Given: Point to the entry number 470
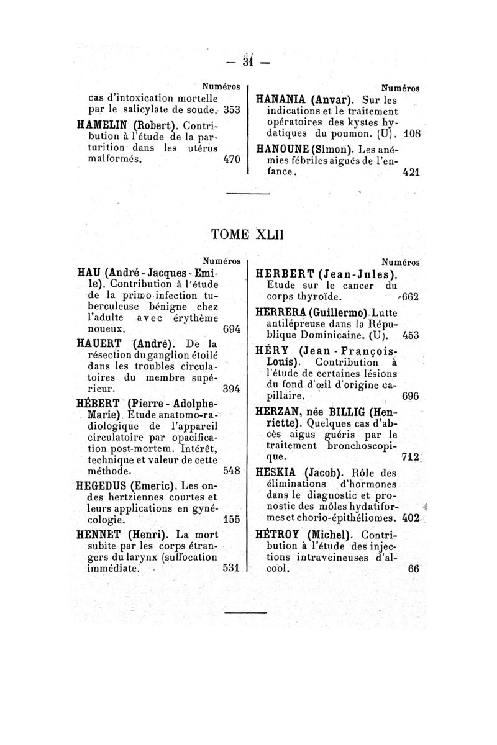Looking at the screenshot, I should (231, 159).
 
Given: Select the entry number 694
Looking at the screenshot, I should (231, 329).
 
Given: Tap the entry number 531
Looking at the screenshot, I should (231, 567).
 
